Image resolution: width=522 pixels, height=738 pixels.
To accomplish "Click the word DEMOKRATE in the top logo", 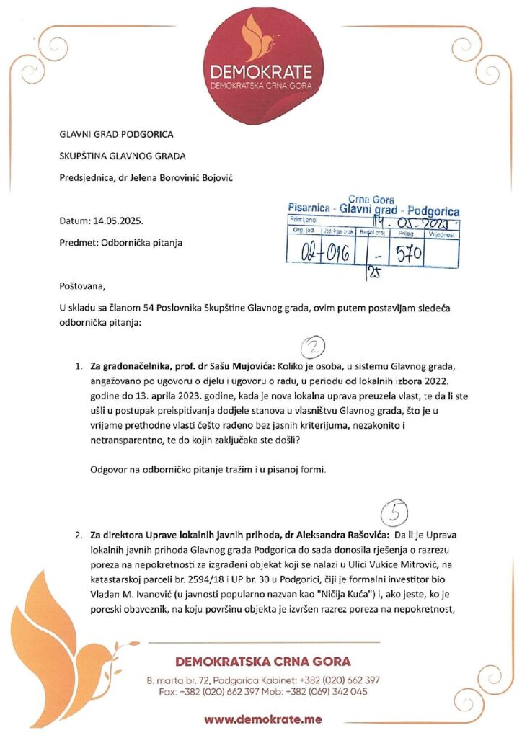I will click(260, 71).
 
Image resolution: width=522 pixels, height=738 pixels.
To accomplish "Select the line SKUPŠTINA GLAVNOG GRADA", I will click(123, 156).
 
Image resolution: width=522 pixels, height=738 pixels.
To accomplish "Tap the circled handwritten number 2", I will click(312, 347).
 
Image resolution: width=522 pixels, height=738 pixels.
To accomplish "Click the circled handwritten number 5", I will click(394, 512).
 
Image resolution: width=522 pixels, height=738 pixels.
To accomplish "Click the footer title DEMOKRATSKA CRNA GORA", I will click(263, 662).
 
